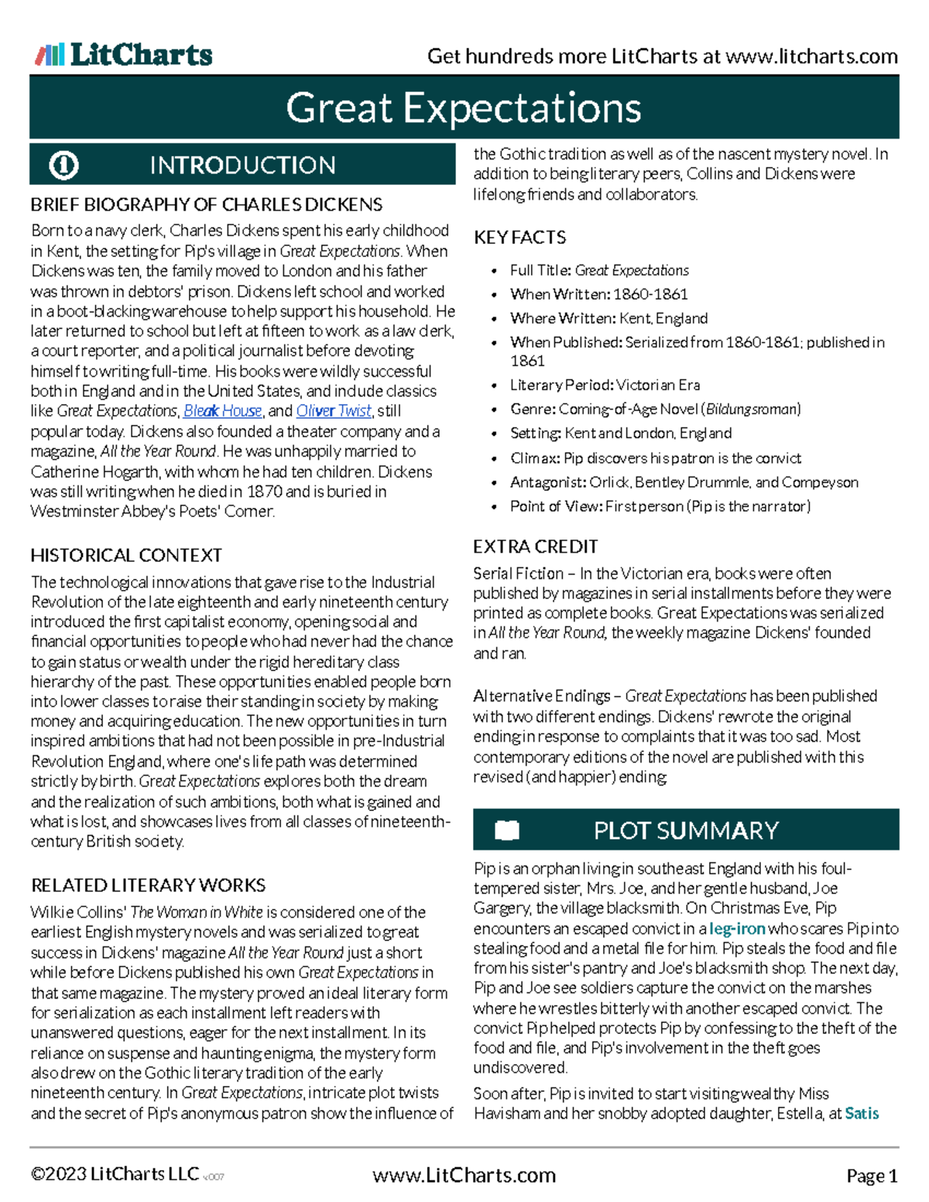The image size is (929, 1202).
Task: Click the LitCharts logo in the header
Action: (124, 55)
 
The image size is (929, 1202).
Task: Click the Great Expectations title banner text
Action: (463, 108)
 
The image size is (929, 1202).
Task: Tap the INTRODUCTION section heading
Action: (242, 165)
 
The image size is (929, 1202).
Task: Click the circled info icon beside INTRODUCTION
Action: (63, 165)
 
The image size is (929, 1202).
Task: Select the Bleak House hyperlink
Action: (222, 411)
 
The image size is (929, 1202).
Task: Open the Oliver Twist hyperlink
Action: (334, 411)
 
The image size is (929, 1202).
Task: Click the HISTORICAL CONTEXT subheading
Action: (126, 555)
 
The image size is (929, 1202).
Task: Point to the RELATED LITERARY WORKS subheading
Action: (148, 885)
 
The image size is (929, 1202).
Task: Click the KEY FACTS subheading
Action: (519, 238)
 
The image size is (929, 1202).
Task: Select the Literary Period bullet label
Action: (560, 385)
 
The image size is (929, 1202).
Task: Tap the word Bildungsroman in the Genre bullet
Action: (751, 409)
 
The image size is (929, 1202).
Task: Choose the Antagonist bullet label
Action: (547, 482)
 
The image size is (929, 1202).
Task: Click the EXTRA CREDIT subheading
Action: (535, 546)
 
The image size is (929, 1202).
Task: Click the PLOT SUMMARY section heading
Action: (685, 830)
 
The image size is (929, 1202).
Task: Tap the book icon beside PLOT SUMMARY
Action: (507, 830)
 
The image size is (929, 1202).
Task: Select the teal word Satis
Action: (862, 1113)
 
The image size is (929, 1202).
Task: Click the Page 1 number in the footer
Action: (872, 1176)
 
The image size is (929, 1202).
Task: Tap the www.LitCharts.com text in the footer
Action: (464, 1175)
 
